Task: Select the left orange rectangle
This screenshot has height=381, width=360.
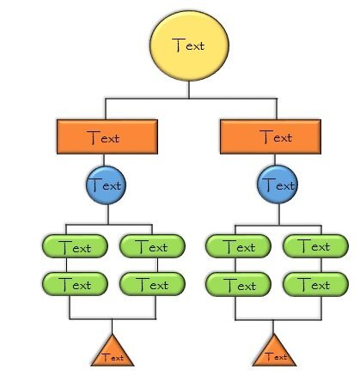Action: click(x=105, y=136)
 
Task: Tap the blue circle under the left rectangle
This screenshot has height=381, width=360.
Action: click(x=105, y=184)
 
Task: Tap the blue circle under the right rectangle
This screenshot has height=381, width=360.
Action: click(x=277, y=184)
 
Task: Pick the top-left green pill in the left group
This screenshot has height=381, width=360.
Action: click(x=74, y=247)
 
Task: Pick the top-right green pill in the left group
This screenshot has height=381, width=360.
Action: click(x=152, y=247)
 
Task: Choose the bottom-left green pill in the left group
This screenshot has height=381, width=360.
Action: click(x=74, y=283)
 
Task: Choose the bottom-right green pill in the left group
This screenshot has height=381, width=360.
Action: click(x=152, y=283)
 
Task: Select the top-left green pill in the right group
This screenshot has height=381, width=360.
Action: click(x=238, y=247)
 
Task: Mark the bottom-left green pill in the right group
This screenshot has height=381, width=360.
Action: click(x=238, y=283)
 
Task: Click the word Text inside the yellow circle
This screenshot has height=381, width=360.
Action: click(x=189, y=45)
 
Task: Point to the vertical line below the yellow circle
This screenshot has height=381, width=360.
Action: click(x=189, y=90)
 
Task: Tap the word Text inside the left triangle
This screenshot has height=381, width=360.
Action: click(x=113, y=357)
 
